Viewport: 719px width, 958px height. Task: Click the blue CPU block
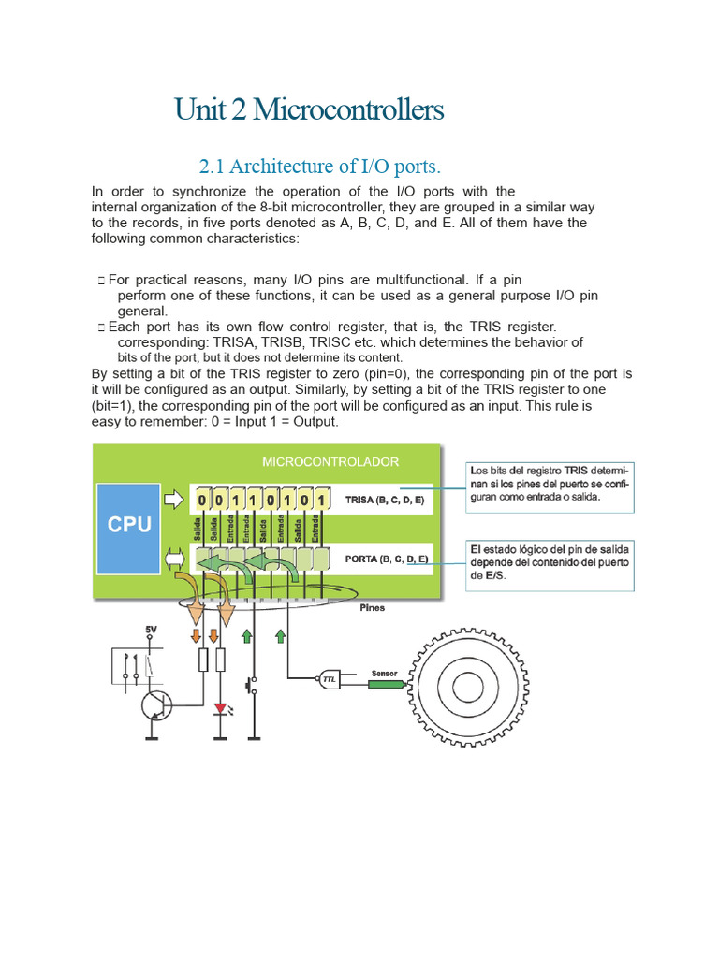[129, 525]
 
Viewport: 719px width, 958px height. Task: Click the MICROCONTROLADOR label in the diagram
[330, 462]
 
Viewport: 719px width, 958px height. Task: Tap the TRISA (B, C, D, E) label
[384, 501]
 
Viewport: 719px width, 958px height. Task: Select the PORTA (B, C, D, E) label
[387, 559]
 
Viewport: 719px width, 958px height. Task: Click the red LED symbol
[221, 709]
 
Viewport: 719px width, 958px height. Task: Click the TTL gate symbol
[330, 681]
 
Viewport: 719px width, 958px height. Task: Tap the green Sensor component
[385, 684]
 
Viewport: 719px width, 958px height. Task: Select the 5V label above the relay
[151, 630]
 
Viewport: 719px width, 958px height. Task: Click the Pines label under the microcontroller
[373, 607]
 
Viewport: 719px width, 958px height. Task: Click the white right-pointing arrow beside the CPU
[174, 501]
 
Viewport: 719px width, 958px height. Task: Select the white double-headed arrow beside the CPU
[174, 559]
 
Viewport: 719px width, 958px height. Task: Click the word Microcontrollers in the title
[347, 110]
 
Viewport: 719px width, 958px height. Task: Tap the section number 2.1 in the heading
[212, 167]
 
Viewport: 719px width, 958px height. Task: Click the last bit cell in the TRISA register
[321, 501]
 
